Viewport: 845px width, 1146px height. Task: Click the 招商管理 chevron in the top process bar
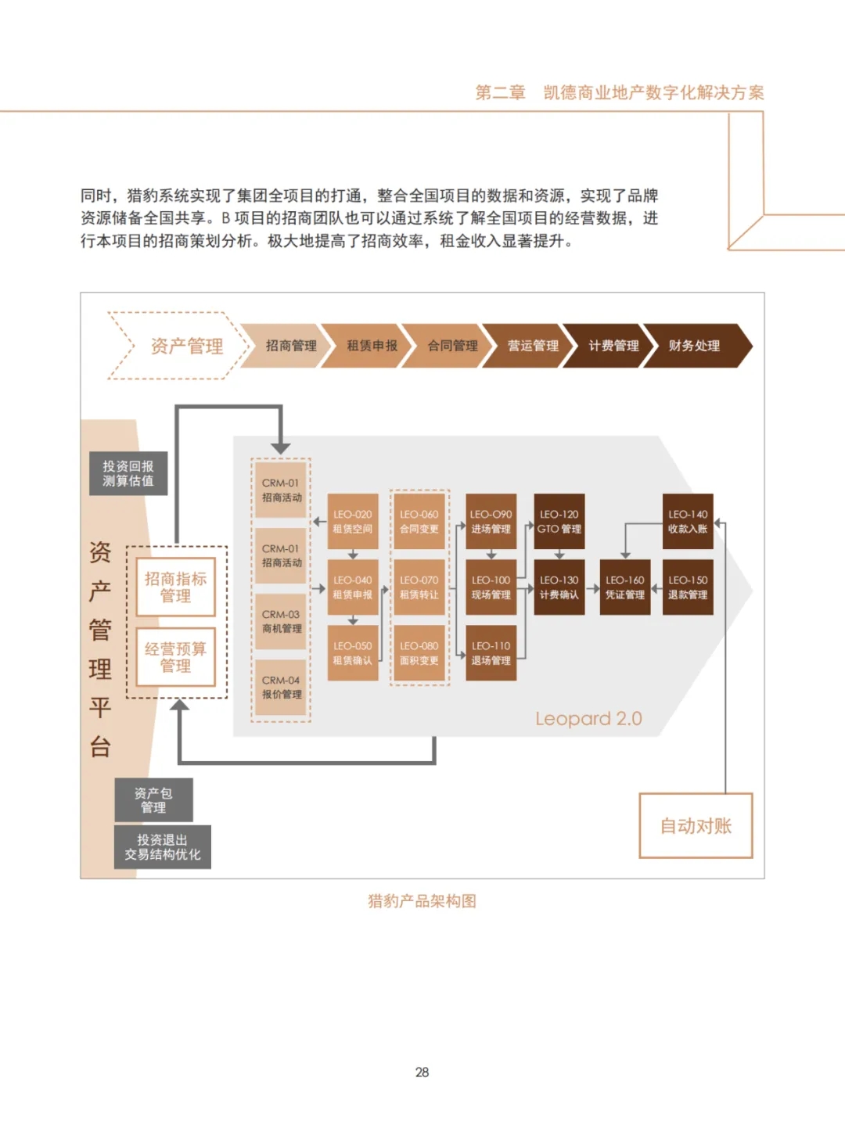click(x=290, y=346)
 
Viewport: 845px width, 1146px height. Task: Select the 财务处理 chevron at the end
click(x=695, y=346)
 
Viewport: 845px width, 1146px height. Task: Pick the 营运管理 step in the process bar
click(x=533, y=346)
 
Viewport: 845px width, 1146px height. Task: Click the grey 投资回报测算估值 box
click(x=128, y=473)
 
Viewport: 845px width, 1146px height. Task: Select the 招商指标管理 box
click(x=175, y=587)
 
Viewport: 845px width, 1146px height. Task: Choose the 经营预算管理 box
click(x=175, y=657)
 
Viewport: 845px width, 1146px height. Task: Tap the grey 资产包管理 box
click(x=153, y=799)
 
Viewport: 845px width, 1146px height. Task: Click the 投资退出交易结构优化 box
click(x=163, y=847)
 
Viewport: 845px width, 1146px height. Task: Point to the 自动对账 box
click(x=696, y=826)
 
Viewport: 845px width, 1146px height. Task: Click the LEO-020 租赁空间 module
click(x=353, y=522)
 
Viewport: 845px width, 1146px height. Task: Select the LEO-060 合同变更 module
click(x=419, y=522)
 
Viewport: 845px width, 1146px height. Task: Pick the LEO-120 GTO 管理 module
click(x=559, y=522)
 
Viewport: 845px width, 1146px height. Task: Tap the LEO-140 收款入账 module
click(x=688, y=522)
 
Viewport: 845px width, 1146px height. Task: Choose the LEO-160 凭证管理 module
click(x=625, y=587)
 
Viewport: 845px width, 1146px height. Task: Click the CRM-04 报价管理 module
click(x=282, y=688)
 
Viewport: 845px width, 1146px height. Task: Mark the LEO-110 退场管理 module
click(x=491, y=653)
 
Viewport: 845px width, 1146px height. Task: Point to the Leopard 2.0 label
click(x=588, y=719)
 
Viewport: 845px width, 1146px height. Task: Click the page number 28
click(x=422, y=1072)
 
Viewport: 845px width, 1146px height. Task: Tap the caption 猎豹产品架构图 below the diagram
click(x=422, y=901)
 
